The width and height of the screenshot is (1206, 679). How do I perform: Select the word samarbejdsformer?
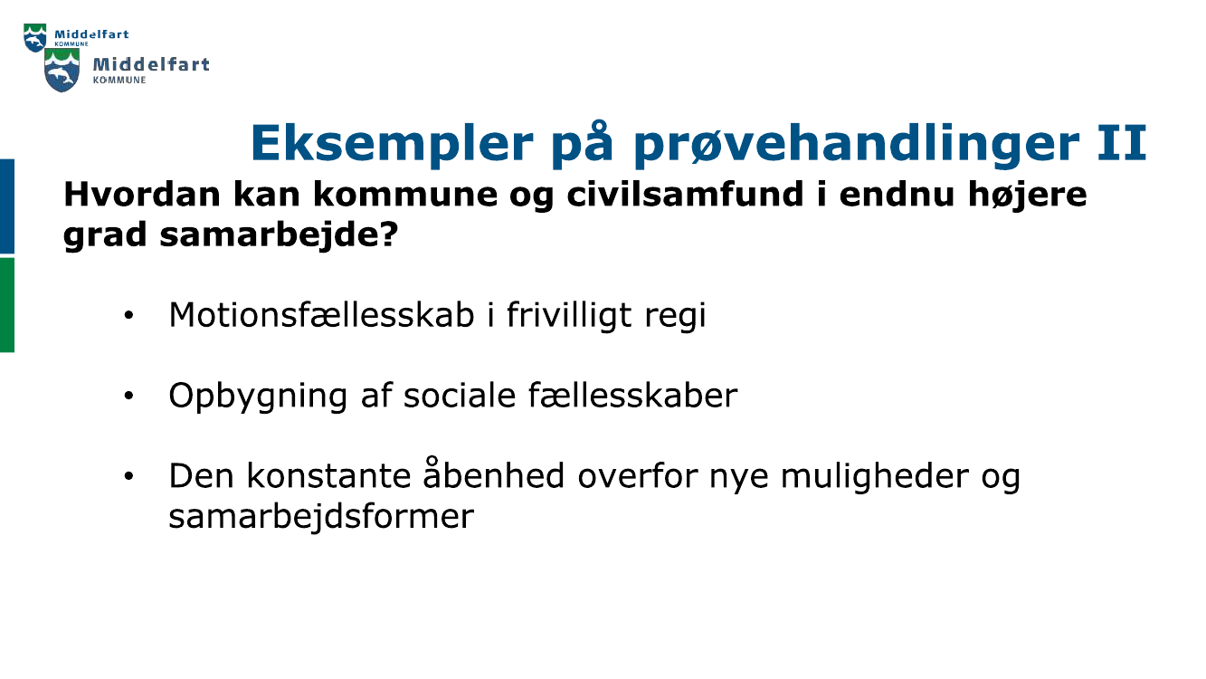321,516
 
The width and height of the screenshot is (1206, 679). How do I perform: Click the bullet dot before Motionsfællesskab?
129,316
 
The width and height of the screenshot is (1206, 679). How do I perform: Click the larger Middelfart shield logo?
62,71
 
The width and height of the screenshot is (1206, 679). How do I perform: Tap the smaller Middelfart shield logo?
34,38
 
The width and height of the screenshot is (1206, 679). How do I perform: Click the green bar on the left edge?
6,304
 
